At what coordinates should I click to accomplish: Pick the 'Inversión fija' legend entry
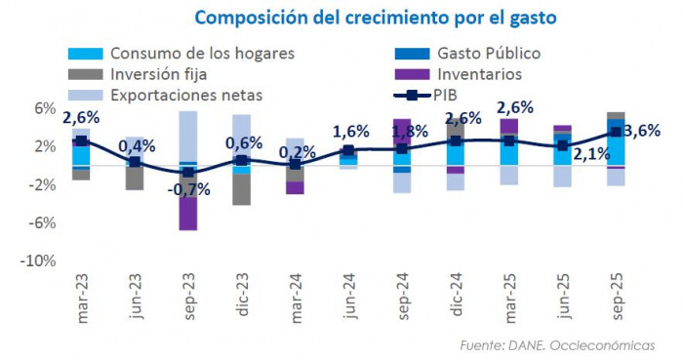pyautogui.click(x=158, y=74)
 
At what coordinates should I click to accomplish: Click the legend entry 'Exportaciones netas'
pyautogui.click(x=186, y=96)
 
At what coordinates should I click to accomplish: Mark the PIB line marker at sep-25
pyautogui.click(x=616, y=132)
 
